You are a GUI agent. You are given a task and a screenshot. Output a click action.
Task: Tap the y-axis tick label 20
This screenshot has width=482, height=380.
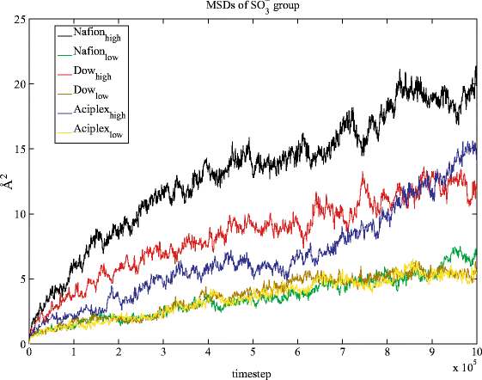coord(17,84)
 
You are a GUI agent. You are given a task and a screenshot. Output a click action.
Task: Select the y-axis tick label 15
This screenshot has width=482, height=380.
coord(17,149)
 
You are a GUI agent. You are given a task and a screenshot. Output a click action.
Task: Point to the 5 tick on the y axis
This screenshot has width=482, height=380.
coord(21,279)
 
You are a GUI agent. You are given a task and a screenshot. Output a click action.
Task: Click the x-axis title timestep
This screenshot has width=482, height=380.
coord(253,371)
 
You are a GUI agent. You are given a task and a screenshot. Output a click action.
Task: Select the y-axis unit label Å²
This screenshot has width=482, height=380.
coord(9,182)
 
